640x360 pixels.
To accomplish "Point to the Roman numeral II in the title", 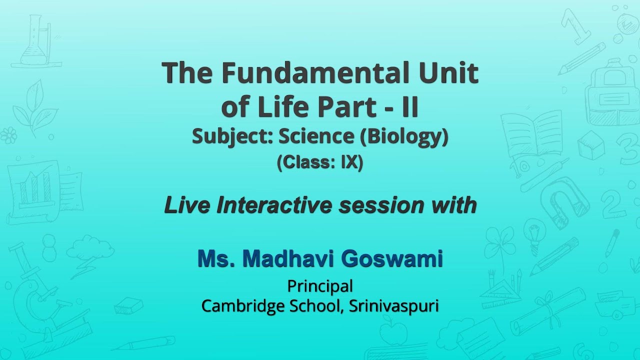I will (x=410, y=107).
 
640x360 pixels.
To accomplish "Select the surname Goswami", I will (x=392, y=259).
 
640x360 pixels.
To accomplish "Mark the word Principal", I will (x=320, y=286).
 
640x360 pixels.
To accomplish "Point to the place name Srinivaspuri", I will (x=393, y=306).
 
